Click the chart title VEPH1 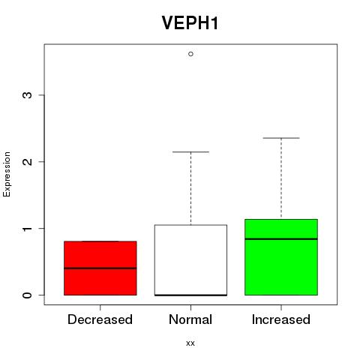pos(190,23)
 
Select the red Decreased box pos(100,268)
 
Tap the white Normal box pos(190,260)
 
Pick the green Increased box pos(281,257)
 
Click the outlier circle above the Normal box pos(190,54)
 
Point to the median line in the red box pos(100,268)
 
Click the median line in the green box pos(281,239)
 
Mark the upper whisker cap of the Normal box pos(190,151)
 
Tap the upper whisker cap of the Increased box pos(281,138)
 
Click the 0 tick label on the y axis pos(27,295)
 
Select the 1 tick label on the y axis pos(27,229)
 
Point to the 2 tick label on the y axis pos(27,161)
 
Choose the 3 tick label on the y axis pos(27,95)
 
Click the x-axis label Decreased pos(100,319)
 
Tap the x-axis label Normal pos(190,319)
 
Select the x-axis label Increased pos(281,319)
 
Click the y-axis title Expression pos(7,174)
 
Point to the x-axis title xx pos(190,343)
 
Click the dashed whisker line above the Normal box pos(191,188)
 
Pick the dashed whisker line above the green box pos(281,178)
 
